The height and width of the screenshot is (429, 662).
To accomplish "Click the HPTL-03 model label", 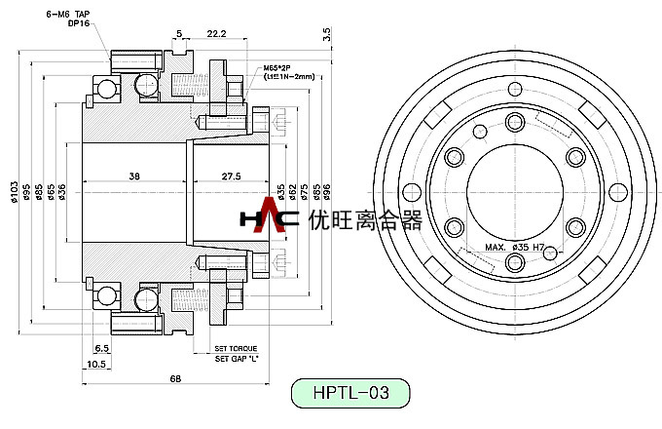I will point(352,394).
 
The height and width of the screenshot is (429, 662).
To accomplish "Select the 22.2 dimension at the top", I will point(218,33).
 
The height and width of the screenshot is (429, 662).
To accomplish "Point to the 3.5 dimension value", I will point(327,33).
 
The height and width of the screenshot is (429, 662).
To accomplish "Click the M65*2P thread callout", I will point(279,68).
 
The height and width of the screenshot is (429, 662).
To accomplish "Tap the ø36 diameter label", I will point(62,191).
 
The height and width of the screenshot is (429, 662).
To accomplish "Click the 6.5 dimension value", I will point(101,348).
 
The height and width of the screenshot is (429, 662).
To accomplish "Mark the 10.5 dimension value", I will point(95,364).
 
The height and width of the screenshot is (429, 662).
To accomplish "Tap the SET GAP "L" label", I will point(236,358).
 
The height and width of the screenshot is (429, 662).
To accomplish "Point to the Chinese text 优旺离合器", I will point(363,218).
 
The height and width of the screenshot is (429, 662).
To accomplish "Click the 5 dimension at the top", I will point(179,33).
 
